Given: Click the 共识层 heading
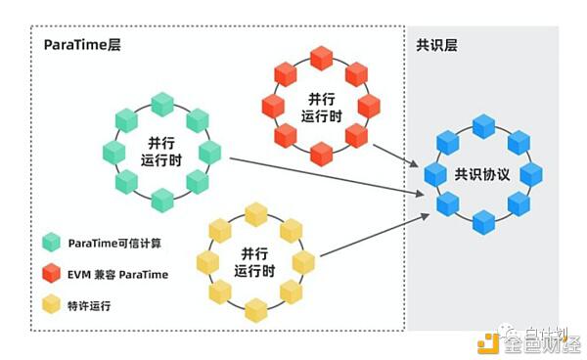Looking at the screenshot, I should point(437,46).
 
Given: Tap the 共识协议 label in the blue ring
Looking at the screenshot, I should point(481,174).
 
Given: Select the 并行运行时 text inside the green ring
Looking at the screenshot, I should point(162,153).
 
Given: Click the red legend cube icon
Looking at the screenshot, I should point(52,274).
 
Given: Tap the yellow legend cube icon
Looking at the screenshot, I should point(52,305).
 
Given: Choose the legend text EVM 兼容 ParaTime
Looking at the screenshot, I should point(118,274).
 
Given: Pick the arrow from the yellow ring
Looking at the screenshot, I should point(372,231).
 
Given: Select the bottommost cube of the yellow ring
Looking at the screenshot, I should point(255,310).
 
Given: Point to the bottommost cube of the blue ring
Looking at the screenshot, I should point(483,222).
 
